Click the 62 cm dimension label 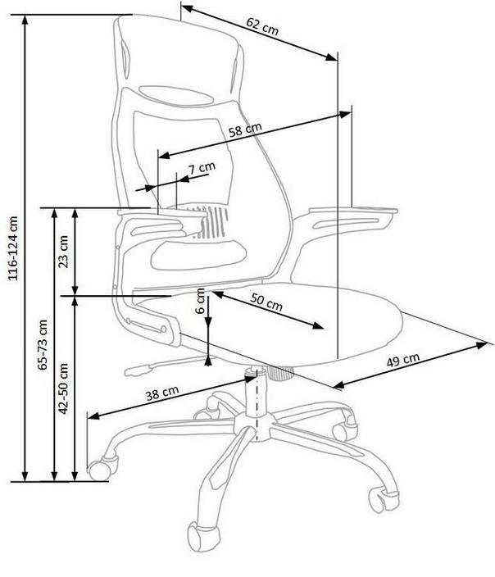point(262,26)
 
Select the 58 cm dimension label point(245,129)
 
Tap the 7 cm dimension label point(202,168)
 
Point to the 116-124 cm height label point(13,248)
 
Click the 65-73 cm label point(43,344)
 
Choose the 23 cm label point(64,252)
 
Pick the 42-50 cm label point(64,388)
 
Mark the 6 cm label point(200,300)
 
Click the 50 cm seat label point(266,302)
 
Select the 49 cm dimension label point(403,360)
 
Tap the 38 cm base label point(162,393)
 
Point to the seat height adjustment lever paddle point(138,370)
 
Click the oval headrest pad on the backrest point(176,95)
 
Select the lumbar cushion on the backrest point(198,254)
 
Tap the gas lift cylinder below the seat point(256,391)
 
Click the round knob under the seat point(282,372)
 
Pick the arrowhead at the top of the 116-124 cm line point(25,20)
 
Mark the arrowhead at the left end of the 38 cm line point(94,416)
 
